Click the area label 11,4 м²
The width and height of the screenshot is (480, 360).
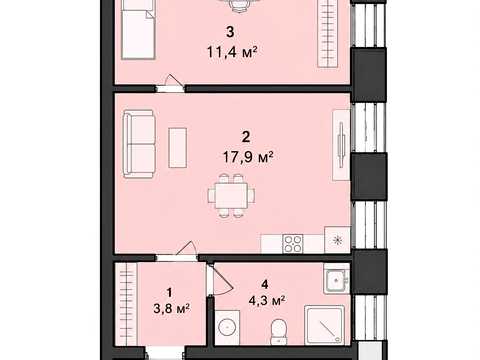232,52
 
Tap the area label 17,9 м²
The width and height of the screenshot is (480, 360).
248,157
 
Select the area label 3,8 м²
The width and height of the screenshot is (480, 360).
172,308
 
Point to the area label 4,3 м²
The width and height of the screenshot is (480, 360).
267,300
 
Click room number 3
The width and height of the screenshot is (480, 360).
230,32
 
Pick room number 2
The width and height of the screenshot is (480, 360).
246,137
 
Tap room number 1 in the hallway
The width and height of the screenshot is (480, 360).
169,293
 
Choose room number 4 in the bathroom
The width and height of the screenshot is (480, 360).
265,284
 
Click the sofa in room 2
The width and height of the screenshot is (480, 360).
139,144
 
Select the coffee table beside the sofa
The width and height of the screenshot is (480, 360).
177,148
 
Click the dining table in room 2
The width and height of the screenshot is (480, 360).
231,195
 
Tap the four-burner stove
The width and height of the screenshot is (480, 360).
293,244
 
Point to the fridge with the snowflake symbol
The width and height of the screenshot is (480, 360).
337,240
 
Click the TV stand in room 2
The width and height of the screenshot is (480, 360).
341,145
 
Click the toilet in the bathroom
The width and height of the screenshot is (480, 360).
277,332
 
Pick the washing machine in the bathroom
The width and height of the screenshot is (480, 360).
227,327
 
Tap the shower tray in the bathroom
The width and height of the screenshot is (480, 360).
324,325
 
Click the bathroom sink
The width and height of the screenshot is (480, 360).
336,279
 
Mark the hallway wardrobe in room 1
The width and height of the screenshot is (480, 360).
126,304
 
